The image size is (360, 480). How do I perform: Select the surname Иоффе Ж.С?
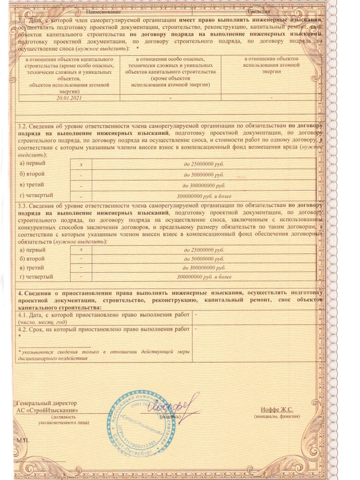tap(277, 409)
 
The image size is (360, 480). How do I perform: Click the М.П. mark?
tap(23, 440)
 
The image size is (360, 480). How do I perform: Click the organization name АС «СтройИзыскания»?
tap(48, 410)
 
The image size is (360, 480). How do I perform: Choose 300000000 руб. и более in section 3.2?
tap(204, 196)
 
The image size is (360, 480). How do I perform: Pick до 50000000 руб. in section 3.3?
tap(204, 259)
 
